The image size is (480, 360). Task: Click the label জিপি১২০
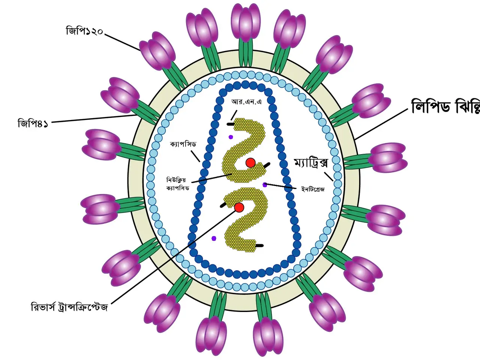point(84,31)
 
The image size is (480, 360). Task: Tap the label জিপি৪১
point(33,123)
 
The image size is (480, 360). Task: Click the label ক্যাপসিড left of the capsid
point(183,144)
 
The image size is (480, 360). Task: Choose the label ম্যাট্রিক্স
point(311,163)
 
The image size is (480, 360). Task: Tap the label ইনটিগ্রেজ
point(313,189)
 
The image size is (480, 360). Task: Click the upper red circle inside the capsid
point(250,162)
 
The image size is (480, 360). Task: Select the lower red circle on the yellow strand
point(239,207)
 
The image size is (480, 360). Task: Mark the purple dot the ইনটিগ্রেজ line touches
point(265,184)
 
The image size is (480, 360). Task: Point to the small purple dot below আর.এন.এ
point(231,137)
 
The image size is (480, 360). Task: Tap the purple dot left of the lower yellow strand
point(214,238)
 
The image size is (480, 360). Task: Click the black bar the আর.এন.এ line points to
point(230,123)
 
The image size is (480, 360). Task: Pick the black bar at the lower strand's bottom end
point(259,246)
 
